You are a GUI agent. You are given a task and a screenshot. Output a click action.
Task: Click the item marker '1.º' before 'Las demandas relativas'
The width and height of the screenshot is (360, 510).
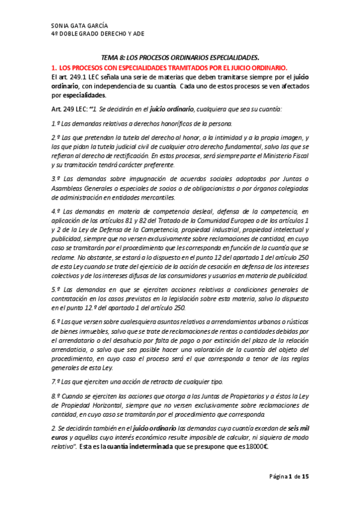[x=56, y=124]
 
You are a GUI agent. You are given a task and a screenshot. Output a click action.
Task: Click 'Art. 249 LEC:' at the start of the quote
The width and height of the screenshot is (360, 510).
[x=69, y=108]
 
